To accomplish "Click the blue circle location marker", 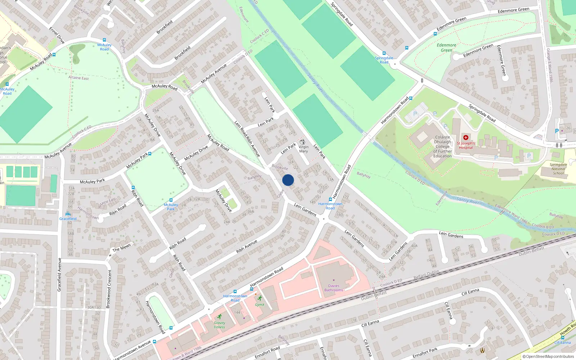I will (288, 180).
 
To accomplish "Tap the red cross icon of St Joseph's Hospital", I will (465, 138).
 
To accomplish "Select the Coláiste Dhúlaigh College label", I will (442, 147).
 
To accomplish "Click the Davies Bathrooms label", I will (334, 288).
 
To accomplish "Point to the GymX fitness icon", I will (260, 298).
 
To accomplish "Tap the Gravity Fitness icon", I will (219, 317).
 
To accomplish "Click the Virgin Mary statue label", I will (303, 149).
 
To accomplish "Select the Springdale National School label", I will (558, 169).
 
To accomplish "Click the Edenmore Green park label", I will (446, 48).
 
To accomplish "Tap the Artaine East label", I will (78, 78).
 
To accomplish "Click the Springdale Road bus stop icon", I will (384, 53).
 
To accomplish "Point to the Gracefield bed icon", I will (68, 214).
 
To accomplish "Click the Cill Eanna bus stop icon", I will (562, 338).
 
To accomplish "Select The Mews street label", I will (121, 248).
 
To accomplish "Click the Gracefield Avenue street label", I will (59, 274).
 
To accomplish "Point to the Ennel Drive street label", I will (57, 35).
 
